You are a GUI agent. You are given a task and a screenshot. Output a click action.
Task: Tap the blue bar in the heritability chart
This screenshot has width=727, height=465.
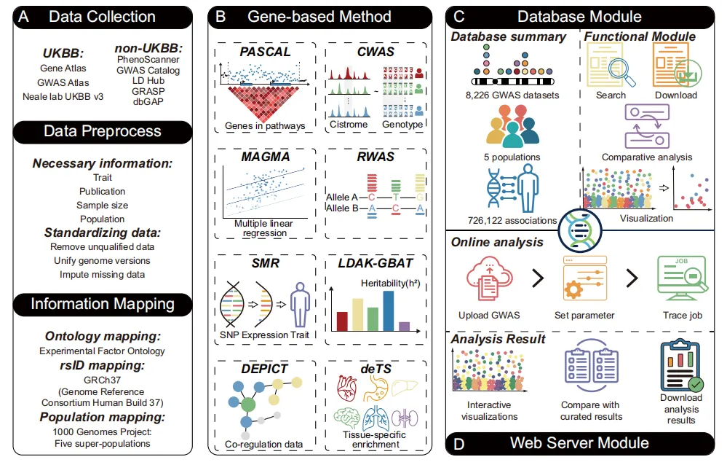389,310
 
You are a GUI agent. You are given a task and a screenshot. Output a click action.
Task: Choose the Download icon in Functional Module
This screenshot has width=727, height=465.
675,66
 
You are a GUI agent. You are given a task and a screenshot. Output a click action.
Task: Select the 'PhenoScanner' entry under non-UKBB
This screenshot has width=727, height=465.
148,59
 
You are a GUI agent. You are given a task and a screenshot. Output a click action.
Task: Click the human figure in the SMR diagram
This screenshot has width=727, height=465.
296,301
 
